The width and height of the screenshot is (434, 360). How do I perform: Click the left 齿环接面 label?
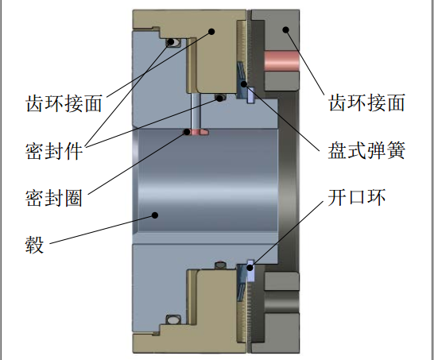point(64,104)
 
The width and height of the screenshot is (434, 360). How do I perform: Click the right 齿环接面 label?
point(367,103)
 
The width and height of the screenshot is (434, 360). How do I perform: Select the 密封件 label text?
point(54,151)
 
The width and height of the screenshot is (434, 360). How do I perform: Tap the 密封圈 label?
point(54,198)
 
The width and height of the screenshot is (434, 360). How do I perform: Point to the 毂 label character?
point(35,245)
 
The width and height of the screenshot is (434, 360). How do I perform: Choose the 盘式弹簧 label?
point(366,150)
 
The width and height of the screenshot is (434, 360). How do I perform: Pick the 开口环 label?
point(357,197)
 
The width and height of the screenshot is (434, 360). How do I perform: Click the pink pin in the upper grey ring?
point(281,61)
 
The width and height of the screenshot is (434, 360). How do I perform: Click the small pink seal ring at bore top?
point(196,132)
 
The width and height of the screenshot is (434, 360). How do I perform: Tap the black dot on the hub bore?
point(155,215)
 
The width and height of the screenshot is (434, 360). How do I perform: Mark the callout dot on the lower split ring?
point(250,268)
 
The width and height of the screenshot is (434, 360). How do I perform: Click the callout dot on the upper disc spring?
point(244,84)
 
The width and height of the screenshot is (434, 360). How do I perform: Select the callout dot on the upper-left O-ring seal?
point(171,42)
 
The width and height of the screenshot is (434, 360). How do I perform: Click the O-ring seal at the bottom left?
point(173,320)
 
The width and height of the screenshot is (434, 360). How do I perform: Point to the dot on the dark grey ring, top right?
point(286,29)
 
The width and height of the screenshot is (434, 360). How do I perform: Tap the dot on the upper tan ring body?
point(211,32)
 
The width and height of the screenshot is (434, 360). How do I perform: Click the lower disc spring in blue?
point(242,282)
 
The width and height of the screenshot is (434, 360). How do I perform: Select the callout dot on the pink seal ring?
point(187,132)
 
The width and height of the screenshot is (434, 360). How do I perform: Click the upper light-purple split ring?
point(250,95)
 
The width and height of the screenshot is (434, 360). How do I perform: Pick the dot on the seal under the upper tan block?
point(219,98)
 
